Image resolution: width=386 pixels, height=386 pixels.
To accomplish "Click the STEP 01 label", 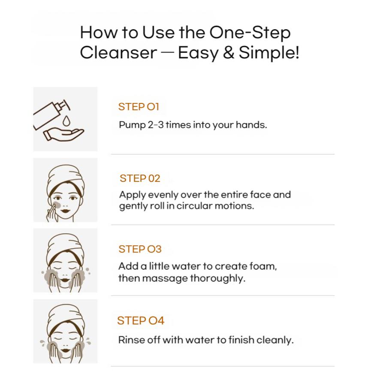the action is (139, 107).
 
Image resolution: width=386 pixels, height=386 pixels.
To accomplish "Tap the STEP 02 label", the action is (140, 178).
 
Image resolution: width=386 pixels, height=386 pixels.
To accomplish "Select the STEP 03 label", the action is (140, 249).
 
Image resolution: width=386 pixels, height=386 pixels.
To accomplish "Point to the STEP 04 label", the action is (141, 320).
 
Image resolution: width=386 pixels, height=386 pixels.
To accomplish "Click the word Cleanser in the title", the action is (118, 52).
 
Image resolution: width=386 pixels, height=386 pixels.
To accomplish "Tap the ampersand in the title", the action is (229, 52).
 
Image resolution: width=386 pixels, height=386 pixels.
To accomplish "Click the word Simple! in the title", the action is (269, 53).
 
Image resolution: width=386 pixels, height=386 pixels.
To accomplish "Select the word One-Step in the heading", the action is (250, 33).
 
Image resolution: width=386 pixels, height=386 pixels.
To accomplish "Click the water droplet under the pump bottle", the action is (66, 121).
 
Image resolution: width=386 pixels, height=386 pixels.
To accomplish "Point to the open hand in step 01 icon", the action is (63, 134).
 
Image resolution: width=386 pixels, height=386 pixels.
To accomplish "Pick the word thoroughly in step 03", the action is (217, 278).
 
